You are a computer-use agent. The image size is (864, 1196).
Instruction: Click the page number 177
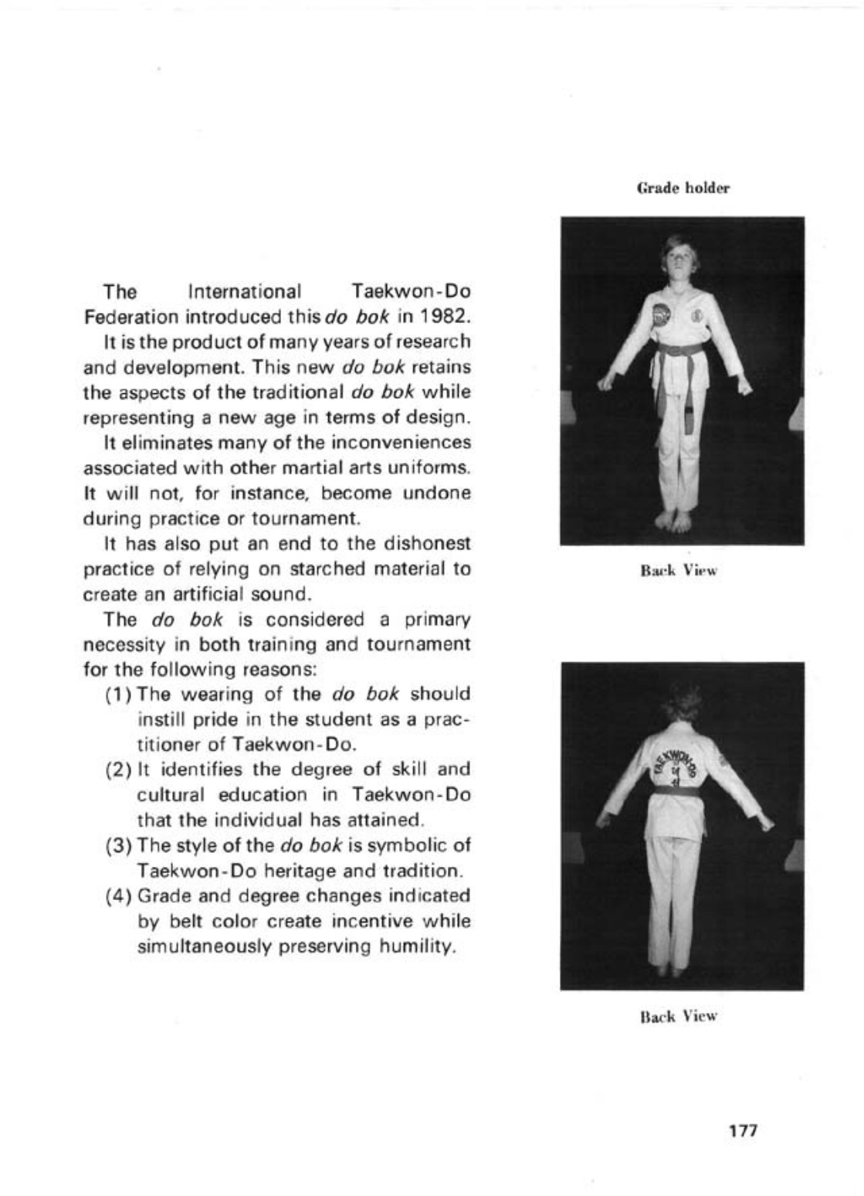pyautogui.click(x=744, y=1130)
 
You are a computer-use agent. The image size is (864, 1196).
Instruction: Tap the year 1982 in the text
pyautogui.click(x=444, y=317)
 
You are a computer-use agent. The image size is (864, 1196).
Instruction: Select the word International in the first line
pyautogui.click(x=245, y=292)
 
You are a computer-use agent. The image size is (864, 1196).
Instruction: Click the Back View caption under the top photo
pyautogui.click(x=679, y=572)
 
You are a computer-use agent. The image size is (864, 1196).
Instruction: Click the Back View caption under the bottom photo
pyautogui.click(x=679, y=1016)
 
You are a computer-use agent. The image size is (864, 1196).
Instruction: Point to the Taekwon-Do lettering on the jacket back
pyautogui.click(x=679, y=762)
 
